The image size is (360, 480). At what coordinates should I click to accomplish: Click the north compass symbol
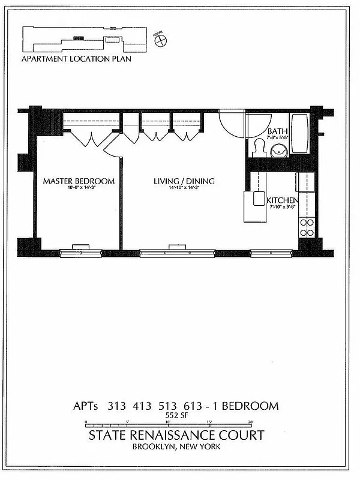tap(160, 40)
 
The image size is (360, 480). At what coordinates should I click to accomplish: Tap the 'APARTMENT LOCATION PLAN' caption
tap(76, 59)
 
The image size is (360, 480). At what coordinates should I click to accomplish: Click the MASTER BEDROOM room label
tap(79, 181)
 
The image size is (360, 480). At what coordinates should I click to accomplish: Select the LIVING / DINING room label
tap(184, 181)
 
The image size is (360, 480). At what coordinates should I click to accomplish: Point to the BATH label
tap(277, 131)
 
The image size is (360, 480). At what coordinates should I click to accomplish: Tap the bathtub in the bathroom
tap(299, 133)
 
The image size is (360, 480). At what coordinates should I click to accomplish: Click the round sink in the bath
tap(279, 151)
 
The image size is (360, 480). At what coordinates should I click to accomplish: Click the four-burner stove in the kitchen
tap(307, 227)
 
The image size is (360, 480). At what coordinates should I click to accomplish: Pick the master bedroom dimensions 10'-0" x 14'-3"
tap(78, 188)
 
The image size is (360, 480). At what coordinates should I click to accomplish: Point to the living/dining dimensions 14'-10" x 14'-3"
tap(184, 188)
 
